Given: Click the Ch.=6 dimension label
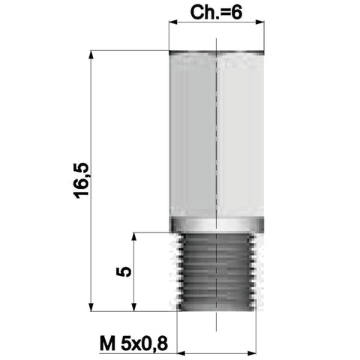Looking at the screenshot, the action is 216,13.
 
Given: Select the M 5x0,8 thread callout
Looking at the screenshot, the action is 133,343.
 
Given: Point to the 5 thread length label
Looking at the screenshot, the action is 124,271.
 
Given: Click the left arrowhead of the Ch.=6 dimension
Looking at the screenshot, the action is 173,22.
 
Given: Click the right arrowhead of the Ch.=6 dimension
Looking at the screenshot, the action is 260,22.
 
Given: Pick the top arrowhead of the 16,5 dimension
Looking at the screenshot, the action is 91,55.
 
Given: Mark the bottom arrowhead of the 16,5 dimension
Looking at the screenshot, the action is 91,307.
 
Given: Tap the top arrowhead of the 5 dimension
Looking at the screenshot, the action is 134,237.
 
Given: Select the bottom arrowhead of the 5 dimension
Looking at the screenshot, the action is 134,307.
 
